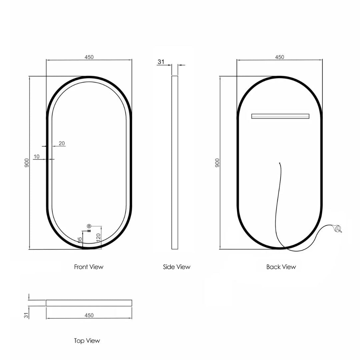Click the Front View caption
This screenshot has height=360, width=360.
coord(89,267)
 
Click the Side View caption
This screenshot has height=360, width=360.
coord(177,267)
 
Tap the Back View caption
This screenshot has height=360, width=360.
coord(281,267)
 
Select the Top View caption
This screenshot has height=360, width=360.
coord(87,341)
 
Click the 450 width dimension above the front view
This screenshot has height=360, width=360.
coord(89,57)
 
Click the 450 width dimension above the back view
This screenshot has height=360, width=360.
coord(280,57)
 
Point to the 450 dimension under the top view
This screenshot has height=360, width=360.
coord(89,315)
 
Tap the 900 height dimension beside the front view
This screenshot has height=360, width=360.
coord(27,163)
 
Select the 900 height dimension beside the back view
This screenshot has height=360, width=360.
coord(217,163)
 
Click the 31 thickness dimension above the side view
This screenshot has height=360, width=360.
coord(161,62)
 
